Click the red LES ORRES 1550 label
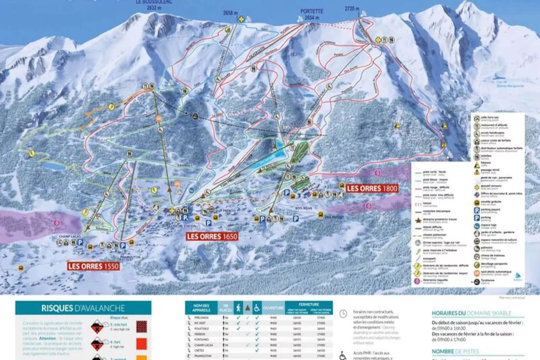(x=93, y=266)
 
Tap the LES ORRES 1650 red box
(x=212, y=237)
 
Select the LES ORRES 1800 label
(x=372, y=188)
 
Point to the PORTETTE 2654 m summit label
(x=311, y=14)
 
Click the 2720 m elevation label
(x=352, y=8)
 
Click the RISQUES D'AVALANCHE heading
(x=83, y=308)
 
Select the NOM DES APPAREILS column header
(x=201, y=308)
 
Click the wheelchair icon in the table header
(x=257, y=308)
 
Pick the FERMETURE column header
(x=308, y=304)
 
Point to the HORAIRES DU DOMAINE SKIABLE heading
(x=471, y=313)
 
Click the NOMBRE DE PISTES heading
(x=455, y=351)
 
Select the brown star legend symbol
(x=418, y=220)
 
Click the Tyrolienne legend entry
(x=488, y=281)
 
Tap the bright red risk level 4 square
(x=142, y=344)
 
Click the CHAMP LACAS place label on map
(x=69, y=237)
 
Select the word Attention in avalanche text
(x=47, y=338)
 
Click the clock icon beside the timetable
(x=343, y=314)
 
